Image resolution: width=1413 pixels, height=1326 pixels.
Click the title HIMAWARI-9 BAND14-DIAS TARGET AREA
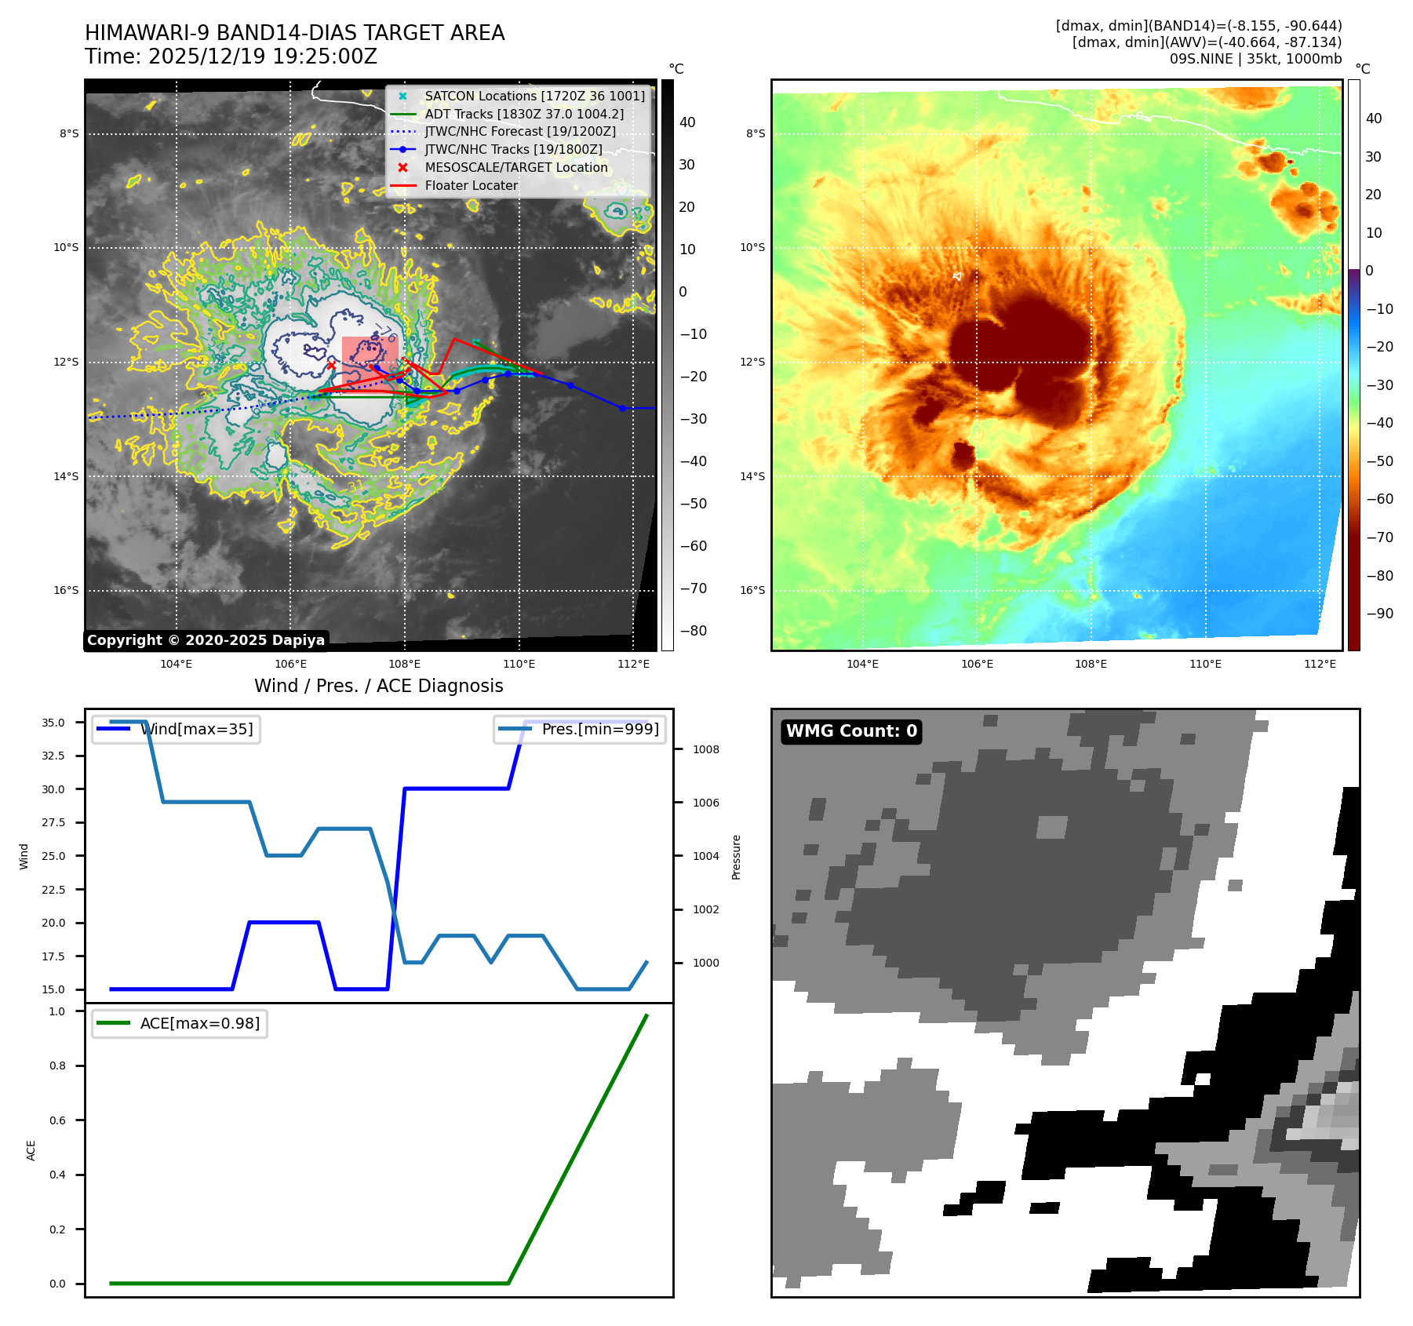click(294, 33)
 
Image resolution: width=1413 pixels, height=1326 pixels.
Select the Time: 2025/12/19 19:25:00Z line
click(231, 56)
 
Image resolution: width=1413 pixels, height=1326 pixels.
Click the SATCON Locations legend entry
click(534, 96)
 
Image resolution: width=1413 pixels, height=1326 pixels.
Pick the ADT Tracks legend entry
click(524, 114)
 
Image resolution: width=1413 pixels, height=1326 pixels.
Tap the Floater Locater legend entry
click(471, 185)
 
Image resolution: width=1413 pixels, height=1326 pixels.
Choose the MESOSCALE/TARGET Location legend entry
click(516, 167)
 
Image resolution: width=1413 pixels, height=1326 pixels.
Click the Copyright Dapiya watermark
click(206, 640)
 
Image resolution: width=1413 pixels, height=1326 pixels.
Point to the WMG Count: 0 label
click(851, 731)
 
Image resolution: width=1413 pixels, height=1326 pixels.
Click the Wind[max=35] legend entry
click(196, 729)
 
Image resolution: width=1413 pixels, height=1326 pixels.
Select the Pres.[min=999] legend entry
click(600, 729)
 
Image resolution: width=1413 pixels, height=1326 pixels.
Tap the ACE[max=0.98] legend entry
click(199, 1023)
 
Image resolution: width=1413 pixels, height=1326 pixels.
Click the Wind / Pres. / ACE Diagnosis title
click(378, 686)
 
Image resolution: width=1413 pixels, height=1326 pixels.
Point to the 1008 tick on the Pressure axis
click(705, 749)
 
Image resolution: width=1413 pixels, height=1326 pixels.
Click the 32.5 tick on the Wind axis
click(53, 756)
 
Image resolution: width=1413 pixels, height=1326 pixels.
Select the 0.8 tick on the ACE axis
click(57, 1066)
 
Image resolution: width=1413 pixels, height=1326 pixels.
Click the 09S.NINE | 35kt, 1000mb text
click(1255, 59)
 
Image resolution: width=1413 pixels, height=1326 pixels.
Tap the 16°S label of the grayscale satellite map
click(66, 590)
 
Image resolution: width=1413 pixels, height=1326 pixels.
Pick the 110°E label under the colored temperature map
click(1205, 664)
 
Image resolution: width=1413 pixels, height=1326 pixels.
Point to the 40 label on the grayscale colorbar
click(687, 122)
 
